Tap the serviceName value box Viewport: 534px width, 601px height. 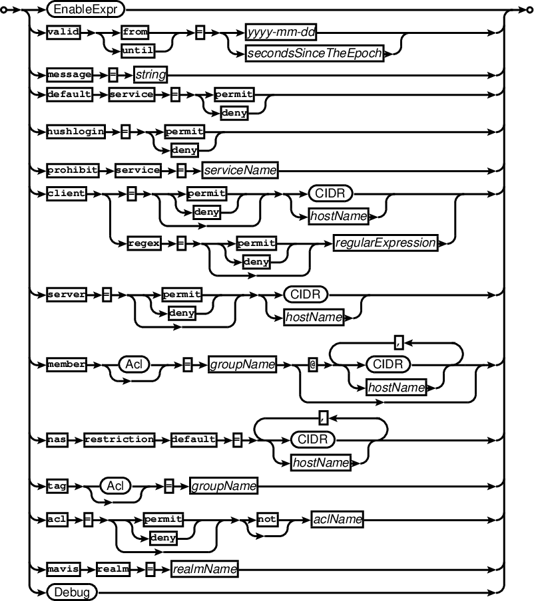coord(240,170)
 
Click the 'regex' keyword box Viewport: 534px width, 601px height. coord(144,243)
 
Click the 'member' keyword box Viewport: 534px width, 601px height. coord(66,364)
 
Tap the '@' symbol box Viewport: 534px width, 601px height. coord(312,364)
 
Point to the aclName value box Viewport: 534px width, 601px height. coord(337,521)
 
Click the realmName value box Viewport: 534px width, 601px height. coord(205,568)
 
